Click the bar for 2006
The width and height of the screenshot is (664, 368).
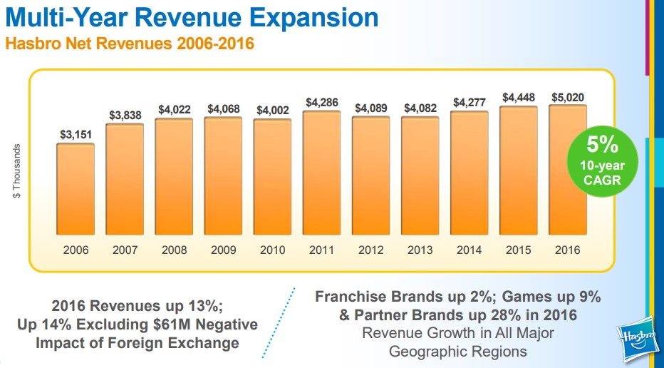(x=76, y=189)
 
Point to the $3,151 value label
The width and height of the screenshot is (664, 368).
(x=76, y=134)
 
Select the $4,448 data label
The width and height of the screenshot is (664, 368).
(x=518, y=97)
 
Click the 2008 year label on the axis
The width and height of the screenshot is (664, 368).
(x=174, y=250)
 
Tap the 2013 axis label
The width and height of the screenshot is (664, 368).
(x=420, y=250)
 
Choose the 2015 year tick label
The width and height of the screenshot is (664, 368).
(x=518, y=250)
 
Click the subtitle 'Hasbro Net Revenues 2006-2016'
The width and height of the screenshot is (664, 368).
(x=130, y=44)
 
